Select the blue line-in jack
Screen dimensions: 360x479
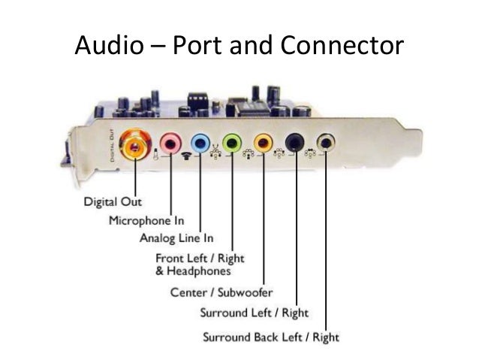200,141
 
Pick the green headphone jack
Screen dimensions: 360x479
233,141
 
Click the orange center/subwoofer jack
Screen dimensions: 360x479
264,141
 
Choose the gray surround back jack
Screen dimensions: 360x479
325,141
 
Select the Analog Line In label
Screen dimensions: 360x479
176,239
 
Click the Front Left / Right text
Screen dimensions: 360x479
200,259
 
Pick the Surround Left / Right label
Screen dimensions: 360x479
254,313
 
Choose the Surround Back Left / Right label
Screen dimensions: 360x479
271,337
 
